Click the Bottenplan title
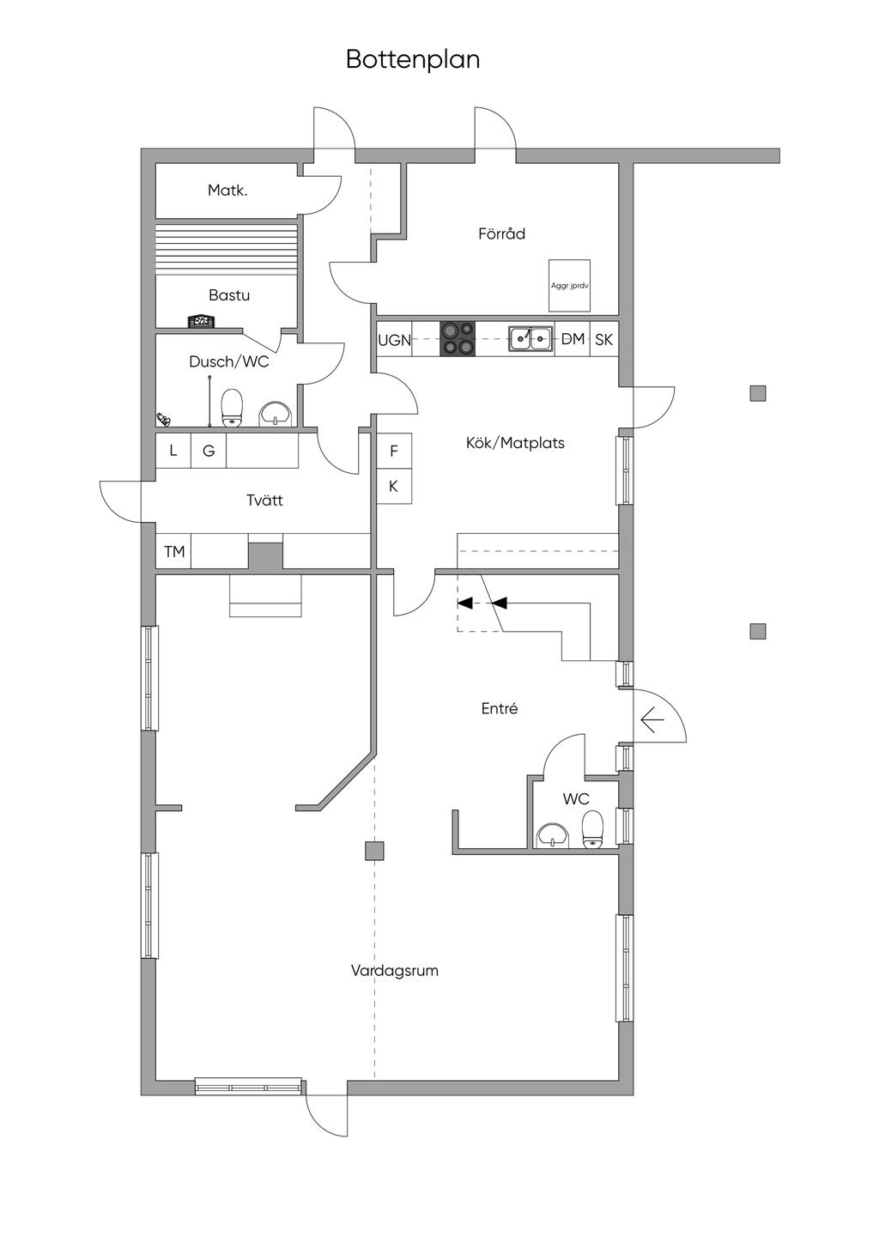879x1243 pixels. click(413, 59)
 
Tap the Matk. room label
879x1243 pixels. click(227, 191)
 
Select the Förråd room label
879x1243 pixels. click(501, 233)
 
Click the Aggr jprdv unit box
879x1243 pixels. click(569, 286)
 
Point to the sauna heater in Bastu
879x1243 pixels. click(201, 322)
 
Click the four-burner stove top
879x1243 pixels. click(458, 338)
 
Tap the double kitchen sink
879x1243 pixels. click(530, 339)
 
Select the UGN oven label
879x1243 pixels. click(395, 340)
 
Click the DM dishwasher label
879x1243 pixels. click(573, 338)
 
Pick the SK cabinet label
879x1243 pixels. click(603, 339)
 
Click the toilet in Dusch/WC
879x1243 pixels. click(232, 408)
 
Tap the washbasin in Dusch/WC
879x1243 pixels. click(276, 414)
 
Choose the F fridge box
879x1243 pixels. click(394, 451)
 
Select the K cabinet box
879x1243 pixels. click(394, 486)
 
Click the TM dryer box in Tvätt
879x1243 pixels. click(173, 551)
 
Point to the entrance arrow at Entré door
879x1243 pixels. click(652, 720)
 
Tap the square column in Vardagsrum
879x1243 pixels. click(374, 851)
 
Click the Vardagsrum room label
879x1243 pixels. click(395, 971)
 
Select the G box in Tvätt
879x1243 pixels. click(209, 451)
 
